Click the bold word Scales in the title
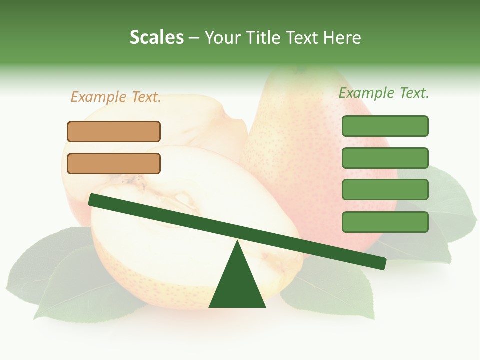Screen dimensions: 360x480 (x=156, y=37)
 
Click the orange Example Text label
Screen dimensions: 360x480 (x=116, y=97)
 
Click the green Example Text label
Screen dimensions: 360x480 (x=384, y=93)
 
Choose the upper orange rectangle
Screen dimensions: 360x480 (x=114, y=131)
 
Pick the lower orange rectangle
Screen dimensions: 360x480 (x=114, y=163)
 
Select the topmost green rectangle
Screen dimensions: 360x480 (x=385, y=126)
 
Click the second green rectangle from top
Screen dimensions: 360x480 (x=385, y=158)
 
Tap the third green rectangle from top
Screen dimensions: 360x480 (x=385, y=190)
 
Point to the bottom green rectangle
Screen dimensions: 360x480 (x=385, y=222)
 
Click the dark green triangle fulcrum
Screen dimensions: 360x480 (x=237, y=285)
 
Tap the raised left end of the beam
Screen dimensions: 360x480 (x=93, y=199)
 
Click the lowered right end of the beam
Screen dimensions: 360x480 (x=382, y=263)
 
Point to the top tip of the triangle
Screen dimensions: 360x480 (x=237, y=242)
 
